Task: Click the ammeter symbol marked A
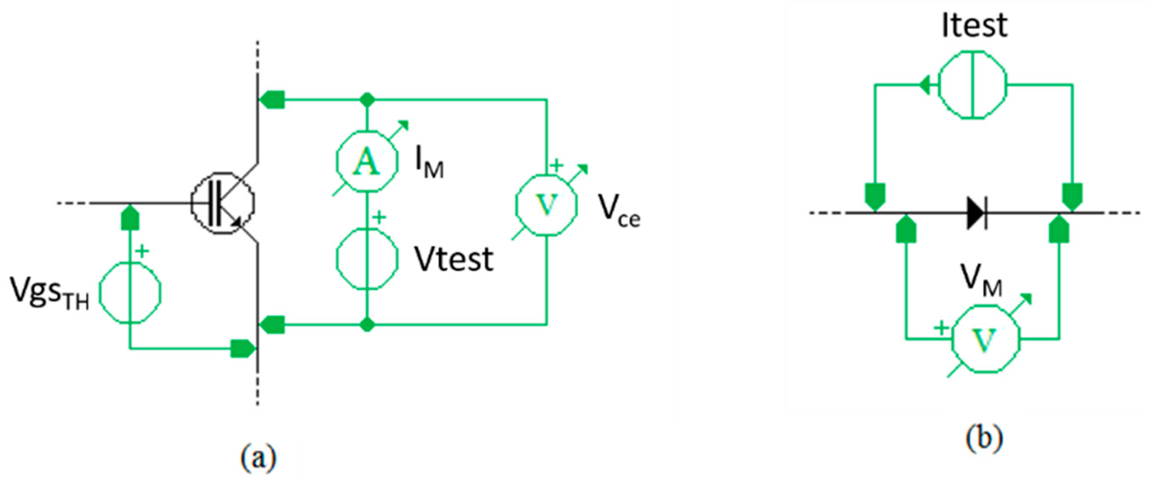click(367, 161)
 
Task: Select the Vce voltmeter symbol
click(546, 205)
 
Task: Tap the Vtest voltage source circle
click(367, 259)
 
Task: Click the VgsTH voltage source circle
click(130, 293)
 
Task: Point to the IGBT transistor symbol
click(223, 203)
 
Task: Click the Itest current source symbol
click(972, 84)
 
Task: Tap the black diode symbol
click(976, 212)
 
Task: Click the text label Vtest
click(454, 259)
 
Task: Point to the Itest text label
click(974, 25)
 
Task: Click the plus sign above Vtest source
click(379, 218)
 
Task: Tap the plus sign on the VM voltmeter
click(941, 328)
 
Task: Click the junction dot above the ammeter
click(367, 99)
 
